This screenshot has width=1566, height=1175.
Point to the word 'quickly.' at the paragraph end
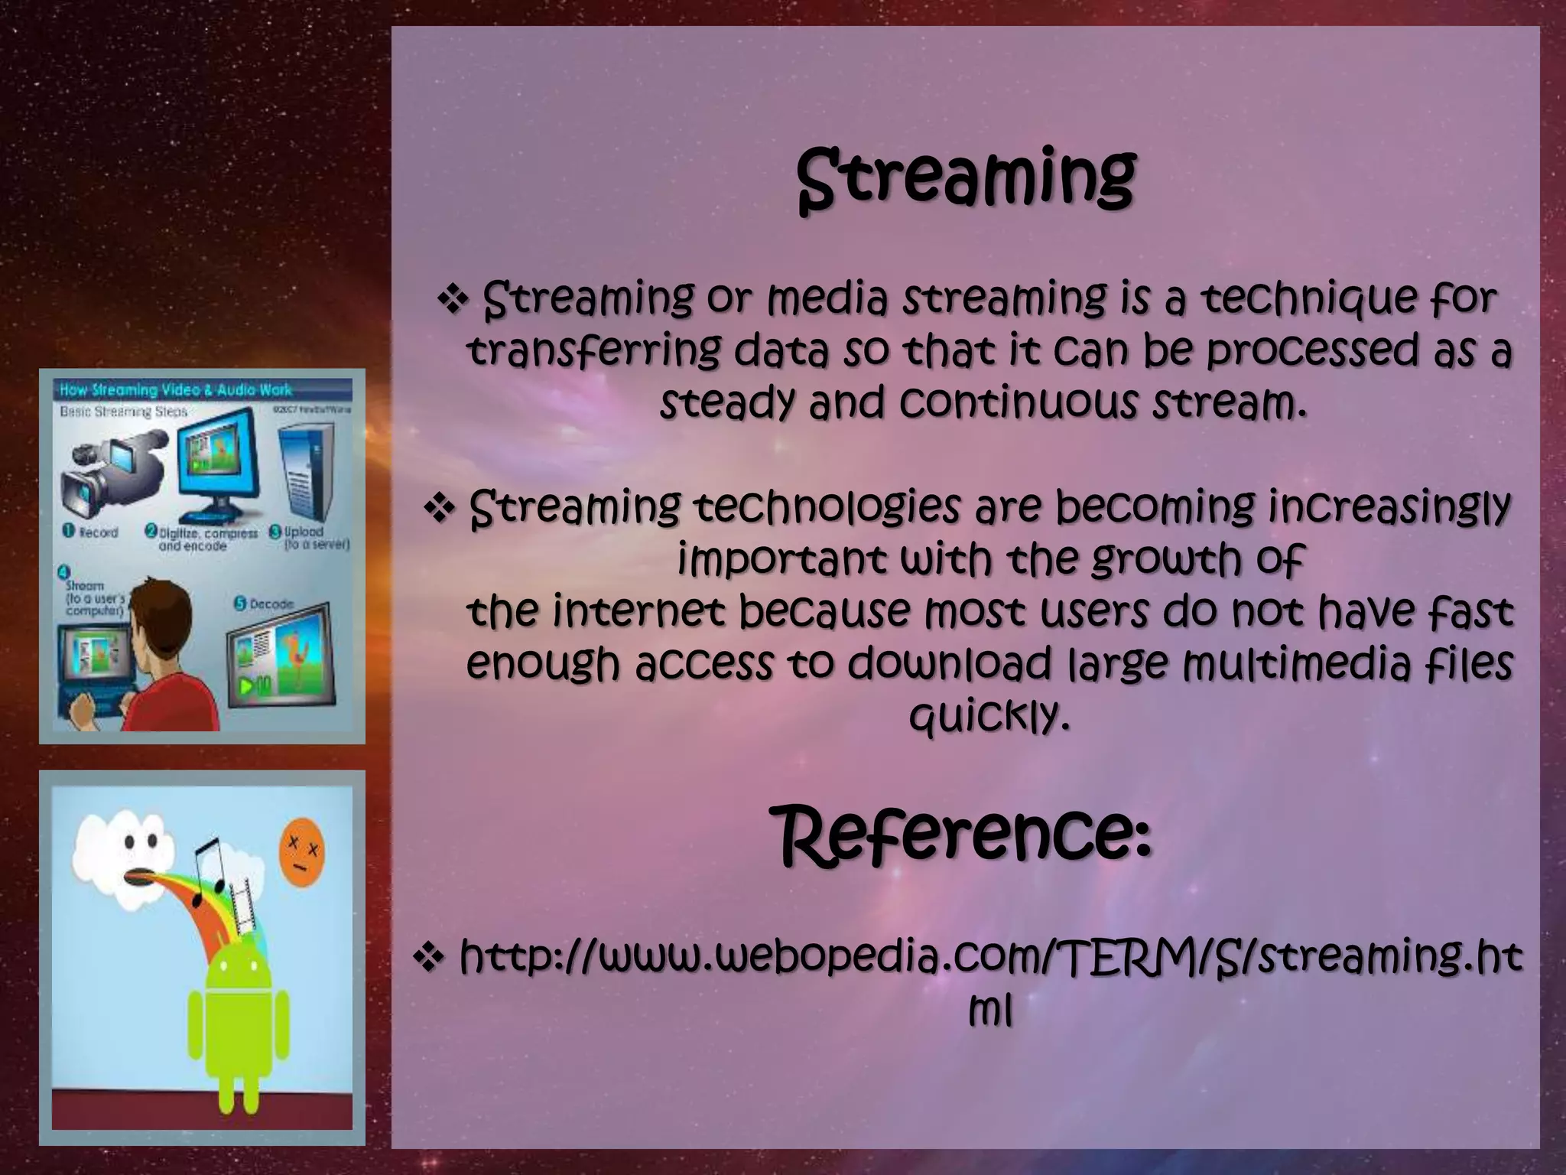[x=989, y=715]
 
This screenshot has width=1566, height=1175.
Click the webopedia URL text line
[x=989, y=957]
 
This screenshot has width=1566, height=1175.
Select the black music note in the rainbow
[x=206, y=868]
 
